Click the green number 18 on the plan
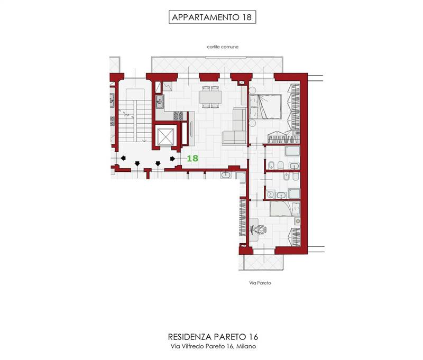click(x=192, y=158)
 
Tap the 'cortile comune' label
click(x=223, y=47)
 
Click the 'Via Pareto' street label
click(x=260, y=283)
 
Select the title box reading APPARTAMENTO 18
click(x=213, y=17)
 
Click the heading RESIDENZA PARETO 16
click(x=213, y=337)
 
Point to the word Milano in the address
click(x=246, y=346)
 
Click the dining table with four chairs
click(x=210, y=97)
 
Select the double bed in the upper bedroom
click(x=265, y=106)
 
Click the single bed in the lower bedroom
click(x=285, y=208)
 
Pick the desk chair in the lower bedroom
click(x=261, y=230)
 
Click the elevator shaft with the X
click(x=165, y=136)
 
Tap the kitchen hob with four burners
click(x=178, y=116)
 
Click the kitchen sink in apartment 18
click(x=160, y=101)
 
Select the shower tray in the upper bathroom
click(x=292, y=151)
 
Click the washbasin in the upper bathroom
click(x=294, y=166)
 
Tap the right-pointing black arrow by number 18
click(x=173, y=159)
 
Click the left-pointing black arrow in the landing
click(x=123, y=158)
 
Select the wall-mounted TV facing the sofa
click(x=191, y=129)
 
